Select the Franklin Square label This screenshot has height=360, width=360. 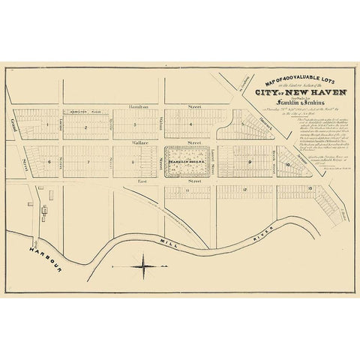[x=182, y=160]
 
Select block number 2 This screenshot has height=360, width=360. [x=86, y=127]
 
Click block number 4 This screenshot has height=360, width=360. [x=193, y=124]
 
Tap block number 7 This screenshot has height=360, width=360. [x=88, y=160]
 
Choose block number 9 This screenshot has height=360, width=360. [x=248, y=160]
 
